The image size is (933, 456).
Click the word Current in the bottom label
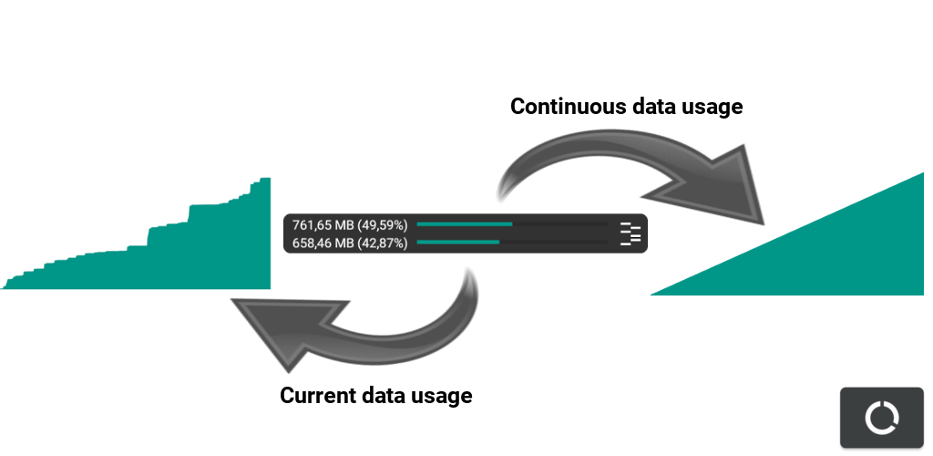(x=318, y=396)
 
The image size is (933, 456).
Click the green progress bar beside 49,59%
(x=464, y=223)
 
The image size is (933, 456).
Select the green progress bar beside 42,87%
(x=457, y=242)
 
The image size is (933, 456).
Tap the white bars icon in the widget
(x=630, y=233)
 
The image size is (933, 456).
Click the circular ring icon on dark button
(x=881, y=418)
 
